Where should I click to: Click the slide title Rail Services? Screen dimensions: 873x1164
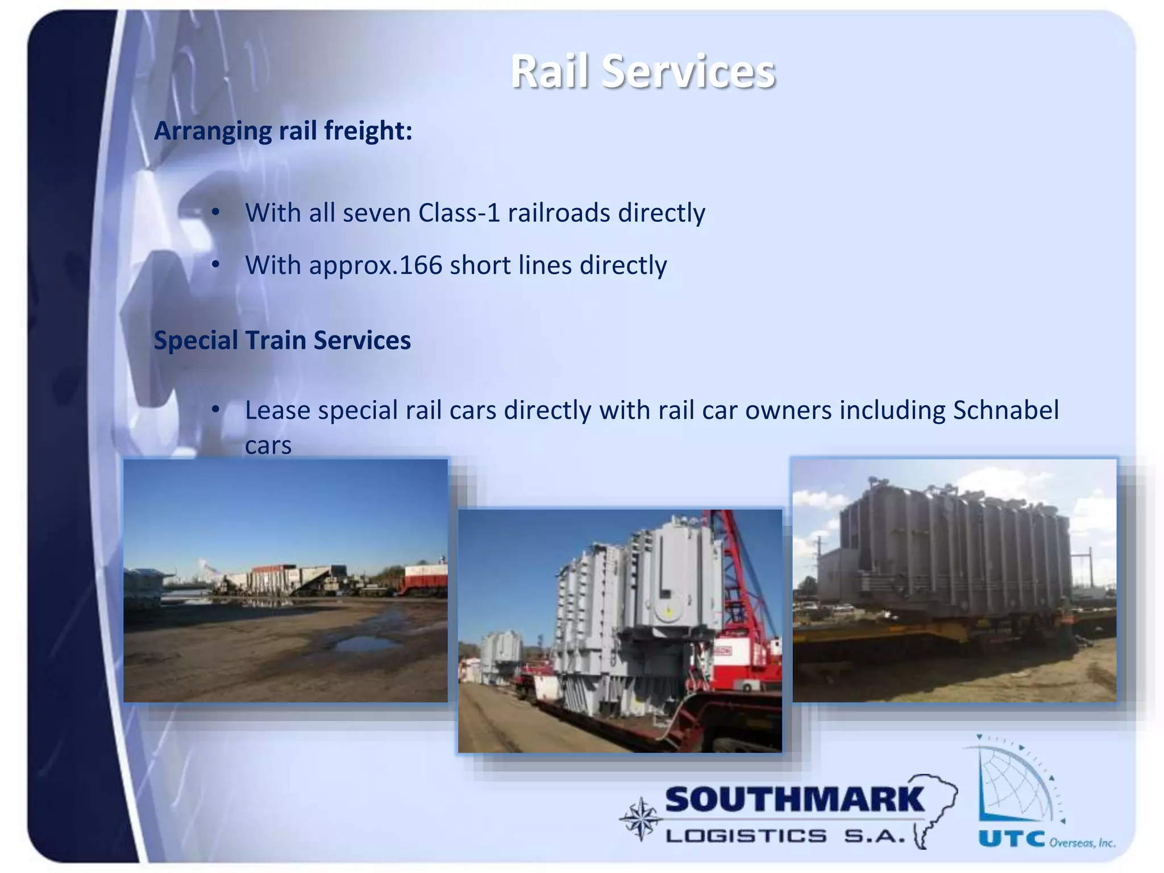(x=643, y=72)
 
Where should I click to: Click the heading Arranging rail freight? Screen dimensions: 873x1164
(x=283, y=131)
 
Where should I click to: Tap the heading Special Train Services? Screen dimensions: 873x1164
(x=282, y=340)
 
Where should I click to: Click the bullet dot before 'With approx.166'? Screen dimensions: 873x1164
(x=215, y=265)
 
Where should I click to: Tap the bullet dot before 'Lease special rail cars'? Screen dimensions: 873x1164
(x=215, y=410)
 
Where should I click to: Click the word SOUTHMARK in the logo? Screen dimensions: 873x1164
(x=795, y=800)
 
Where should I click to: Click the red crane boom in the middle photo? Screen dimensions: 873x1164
(x=733, y=563)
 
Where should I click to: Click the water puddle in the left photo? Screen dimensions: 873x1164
(x=364, y=644)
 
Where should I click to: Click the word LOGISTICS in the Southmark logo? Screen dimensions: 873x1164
(x=746, y=836)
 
